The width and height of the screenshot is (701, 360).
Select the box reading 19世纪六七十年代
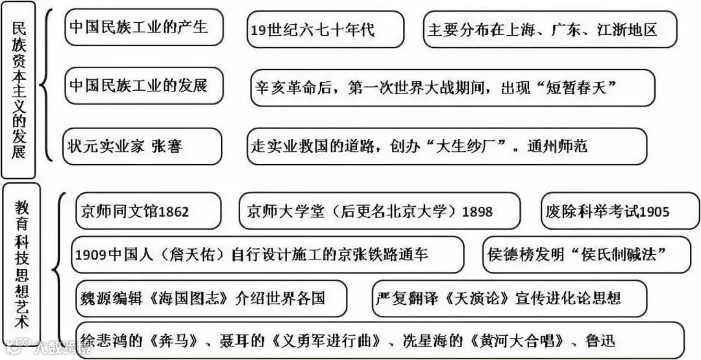pos(325,29)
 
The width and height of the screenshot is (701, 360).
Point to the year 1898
pos(479,211)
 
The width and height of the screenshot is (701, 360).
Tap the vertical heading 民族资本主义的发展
pos(19,90)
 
